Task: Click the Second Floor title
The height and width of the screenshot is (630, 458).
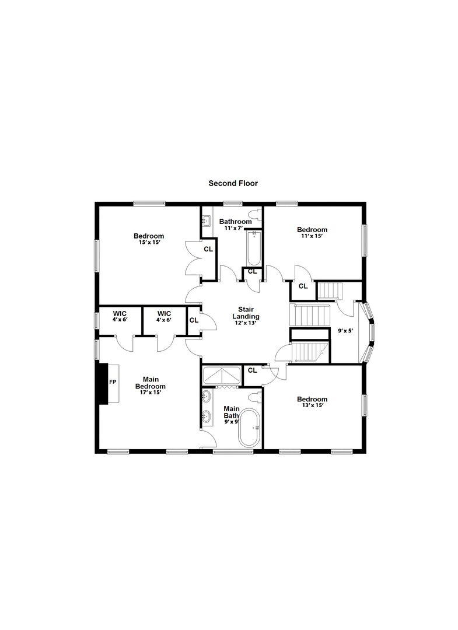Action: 233,183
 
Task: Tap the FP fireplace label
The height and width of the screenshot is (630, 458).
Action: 113,381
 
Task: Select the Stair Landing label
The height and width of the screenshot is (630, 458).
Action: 246,313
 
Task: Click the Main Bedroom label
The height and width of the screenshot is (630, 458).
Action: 151,383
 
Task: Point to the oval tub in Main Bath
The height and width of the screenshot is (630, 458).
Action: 250,428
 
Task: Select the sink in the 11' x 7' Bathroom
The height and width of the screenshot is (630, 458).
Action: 207,220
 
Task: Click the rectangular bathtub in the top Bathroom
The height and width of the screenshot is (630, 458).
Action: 254,249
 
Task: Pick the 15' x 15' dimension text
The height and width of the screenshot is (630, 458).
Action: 149,242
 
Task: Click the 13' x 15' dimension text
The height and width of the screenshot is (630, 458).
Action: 312,405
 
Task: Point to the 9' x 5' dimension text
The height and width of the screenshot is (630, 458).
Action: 345,331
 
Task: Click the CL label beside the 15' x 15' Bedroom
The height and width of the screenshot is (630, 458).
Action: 208,249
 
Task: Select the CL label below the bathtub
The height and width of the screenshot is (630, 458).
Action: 252,272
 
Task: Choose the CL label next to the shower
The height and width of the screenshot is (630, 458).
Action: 252,370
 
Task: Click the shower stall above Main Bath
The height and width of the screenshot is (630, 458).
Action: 222,376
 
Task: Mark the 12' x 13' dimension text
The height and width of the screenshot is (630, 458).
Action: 246,323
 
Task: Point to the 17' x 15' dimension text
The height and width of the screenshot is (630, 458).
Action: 151,393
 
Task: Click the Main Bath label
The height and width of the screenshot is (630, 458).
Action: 232,412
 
